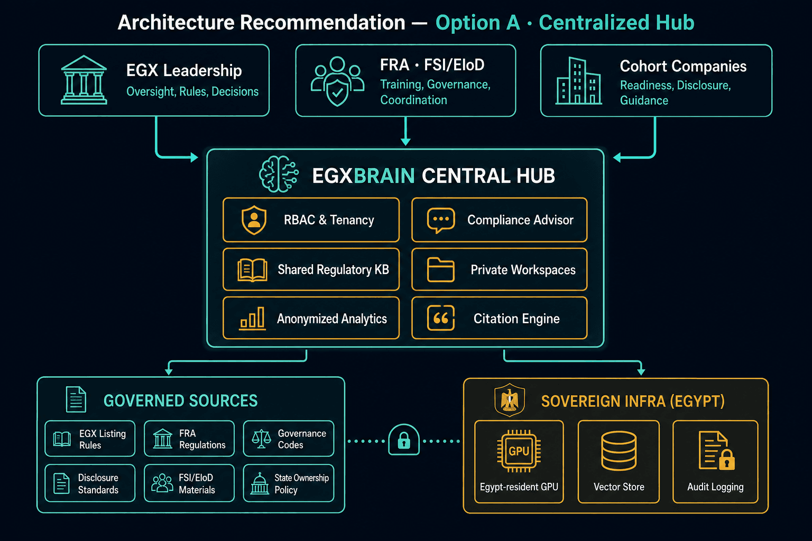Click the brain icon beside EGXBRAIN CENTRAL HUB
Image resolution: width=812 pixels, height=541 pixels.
click(279, 174)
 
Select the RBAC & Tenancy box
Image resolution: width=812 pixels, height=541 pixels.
click(311, 220)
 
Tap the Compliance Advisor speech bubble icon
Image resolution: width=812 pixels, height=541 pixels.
click(441, 220)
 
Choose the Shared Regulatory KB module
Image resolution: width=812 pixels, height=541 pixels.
click(311, 269)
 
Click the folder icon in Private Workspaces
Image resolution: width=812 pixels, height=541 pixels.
click(441, 269)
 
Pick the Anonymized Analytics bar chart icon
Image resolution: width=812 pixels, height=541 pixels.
click(252, 318)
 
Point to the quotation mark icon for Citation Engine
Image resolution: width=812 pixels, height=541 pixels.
click(441, 318)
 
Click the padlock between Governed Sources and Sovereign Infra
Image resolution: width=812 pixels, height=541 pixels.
click(404, 440)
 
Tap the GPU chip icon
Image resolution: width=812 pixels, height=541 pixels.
click(519, 451)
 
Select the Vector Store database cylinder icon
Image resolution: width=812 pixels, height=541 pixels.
click(619, 451)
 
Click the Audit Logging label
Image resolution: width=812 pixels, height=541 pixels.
click(715, 487)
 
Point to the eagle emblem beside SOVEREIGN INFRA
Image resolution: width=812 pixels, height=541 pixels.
click(510, 400)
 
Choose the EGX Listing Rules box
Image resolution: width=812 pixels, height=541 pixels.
click(90, 439)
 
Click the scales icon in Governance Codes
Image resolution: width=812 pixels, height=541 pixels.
click(261, 439)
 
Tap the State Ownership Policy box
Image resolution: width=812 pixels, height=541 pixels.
click(289, 483)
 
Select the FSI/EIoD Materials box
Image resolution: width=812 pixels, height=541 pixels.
click(189, 483)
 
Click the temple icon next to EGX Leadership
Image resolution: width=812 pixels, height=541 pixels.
click(84, 80)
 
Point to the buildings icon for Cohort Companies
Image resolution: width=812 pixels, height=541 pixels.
click(578, 81)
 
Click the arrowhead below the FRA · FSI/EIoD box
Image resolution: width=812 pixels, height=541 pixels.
click(405, 141)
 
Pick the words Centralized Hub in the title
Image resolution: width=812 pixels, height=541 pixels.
click(616, 23)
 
